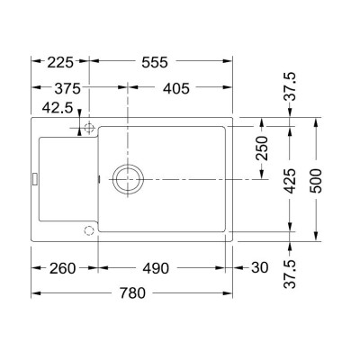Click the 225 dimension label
60,63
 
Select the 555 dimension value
155,63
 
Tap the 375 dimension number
67,89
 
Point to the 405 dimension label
176,89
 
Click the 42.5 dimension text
58,108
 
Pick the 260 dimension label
63,268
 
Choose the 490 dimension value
156,268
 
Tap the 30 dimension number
260,267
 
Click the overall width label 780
132,293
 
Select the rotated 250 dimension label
262,148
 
